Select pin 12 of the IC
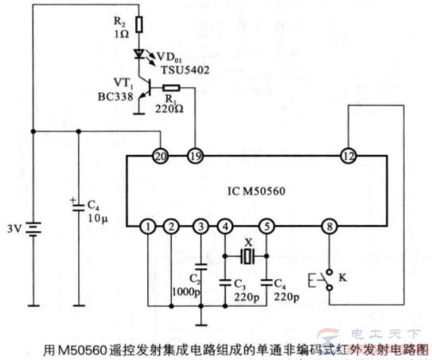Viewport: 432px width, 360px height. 347,153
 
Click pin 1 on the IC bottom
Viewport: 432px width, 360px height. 148,227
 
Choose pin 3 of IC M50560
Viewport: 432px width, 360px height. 200,227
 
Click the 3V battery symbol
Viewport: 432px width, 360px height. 33,230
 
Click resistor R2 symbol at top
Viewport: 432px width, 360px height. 140,25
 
